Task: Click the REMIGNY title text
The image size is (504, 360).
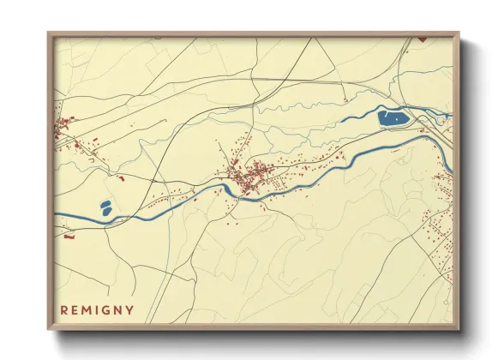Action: click(x=98, y=309)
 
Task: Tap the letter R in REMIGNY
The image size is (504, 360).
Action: click(x=64, y=309)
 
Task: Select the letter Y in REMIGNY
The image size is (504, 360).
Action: click(x=130, y=309)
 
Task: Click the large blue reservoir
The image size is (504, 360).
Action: click(x=393, y=117)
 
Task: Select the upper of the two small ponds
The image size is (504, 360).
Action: click(x=106, y=203)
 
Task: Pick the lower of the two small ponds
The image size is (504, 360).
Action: click(x=105, y=210)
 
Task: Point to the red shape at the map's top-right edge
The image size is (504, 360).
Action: click(x=422, y=39)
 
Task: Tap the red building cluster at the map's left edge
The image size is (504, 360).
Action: click(x=62, y=129)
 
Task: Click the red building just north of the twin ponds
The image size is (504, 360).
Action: click(x=121, y=178)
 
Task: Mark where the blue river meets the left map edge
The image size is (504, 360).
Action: click(x=56, y=215)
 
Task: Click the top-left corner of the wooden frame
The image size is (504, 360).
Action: click(x=49, y=33)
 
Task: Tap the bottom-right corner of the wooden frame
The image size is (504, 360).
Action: click(x=459, y=329)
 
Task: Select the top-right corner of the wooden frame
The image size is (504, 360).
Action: click(x=459, y=33)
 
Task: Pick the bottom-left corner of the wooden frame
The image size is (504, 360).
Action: click(x=49, y=329)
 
